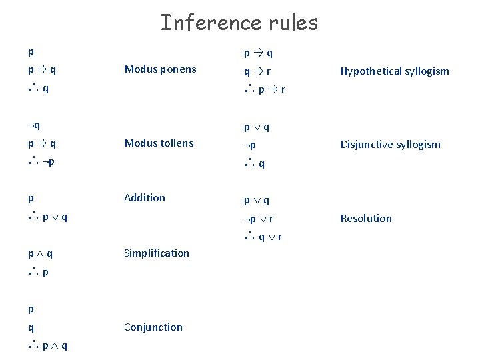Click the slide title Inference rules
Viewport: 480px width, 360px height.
tap(239, 23)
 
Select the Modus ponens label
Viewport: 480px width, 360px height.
tap(160, 69)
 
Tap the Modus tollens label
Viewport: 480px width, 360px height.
tap(159, 143)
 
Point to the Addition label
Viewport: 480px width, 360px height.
tap(145, 197)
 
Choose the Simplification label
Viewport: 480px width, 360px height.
tap(157, 253)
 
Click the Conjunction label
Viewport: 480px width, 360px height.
tap(153, 327)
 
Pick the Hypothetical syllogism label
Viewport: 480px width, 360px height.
tap(395, 71)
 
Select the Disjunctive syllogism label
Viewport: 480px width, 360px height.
tap(390, 144)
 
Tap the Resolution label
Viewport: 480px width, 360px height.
tap(366, 218)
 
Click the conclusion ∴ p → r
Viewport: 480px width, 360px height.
tap(265, 89)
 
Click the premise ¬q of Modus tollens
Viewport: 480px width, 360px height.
tap(34, 125)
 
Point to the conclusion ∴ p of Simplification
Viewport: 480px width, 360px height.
tap(38, 272)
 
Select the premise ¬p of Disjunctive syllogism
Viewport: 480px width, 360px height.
tap(249, 145)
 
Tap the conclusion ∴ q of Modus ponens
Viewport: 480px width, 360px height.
tap(38, 88)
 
